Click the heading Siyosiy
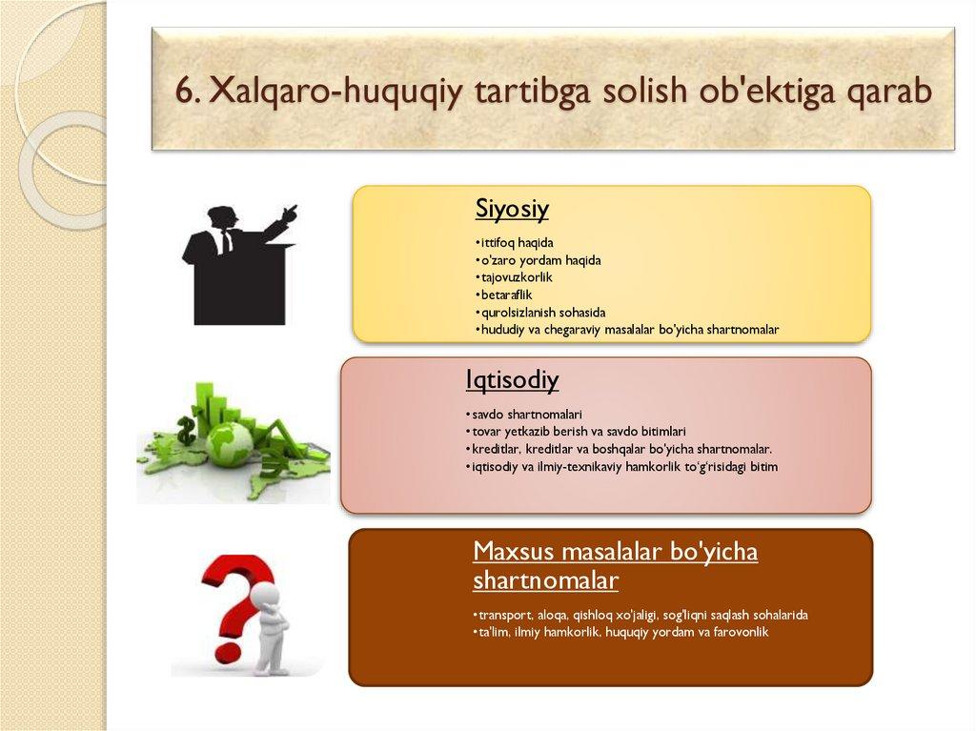point(512,209)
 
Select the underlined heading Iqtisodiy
point(512,379)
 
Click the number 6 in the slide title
point(185,91)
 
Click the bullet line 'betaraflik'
point(504,294)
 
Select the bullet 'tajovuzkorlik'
point(514,277)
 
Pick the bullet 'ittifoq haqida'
point(514,242)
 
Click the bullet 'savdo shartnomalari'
point(524,414)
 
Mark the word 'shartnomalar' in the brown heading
point(545,580)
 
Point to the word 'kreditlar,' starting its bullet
point(496,449)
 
